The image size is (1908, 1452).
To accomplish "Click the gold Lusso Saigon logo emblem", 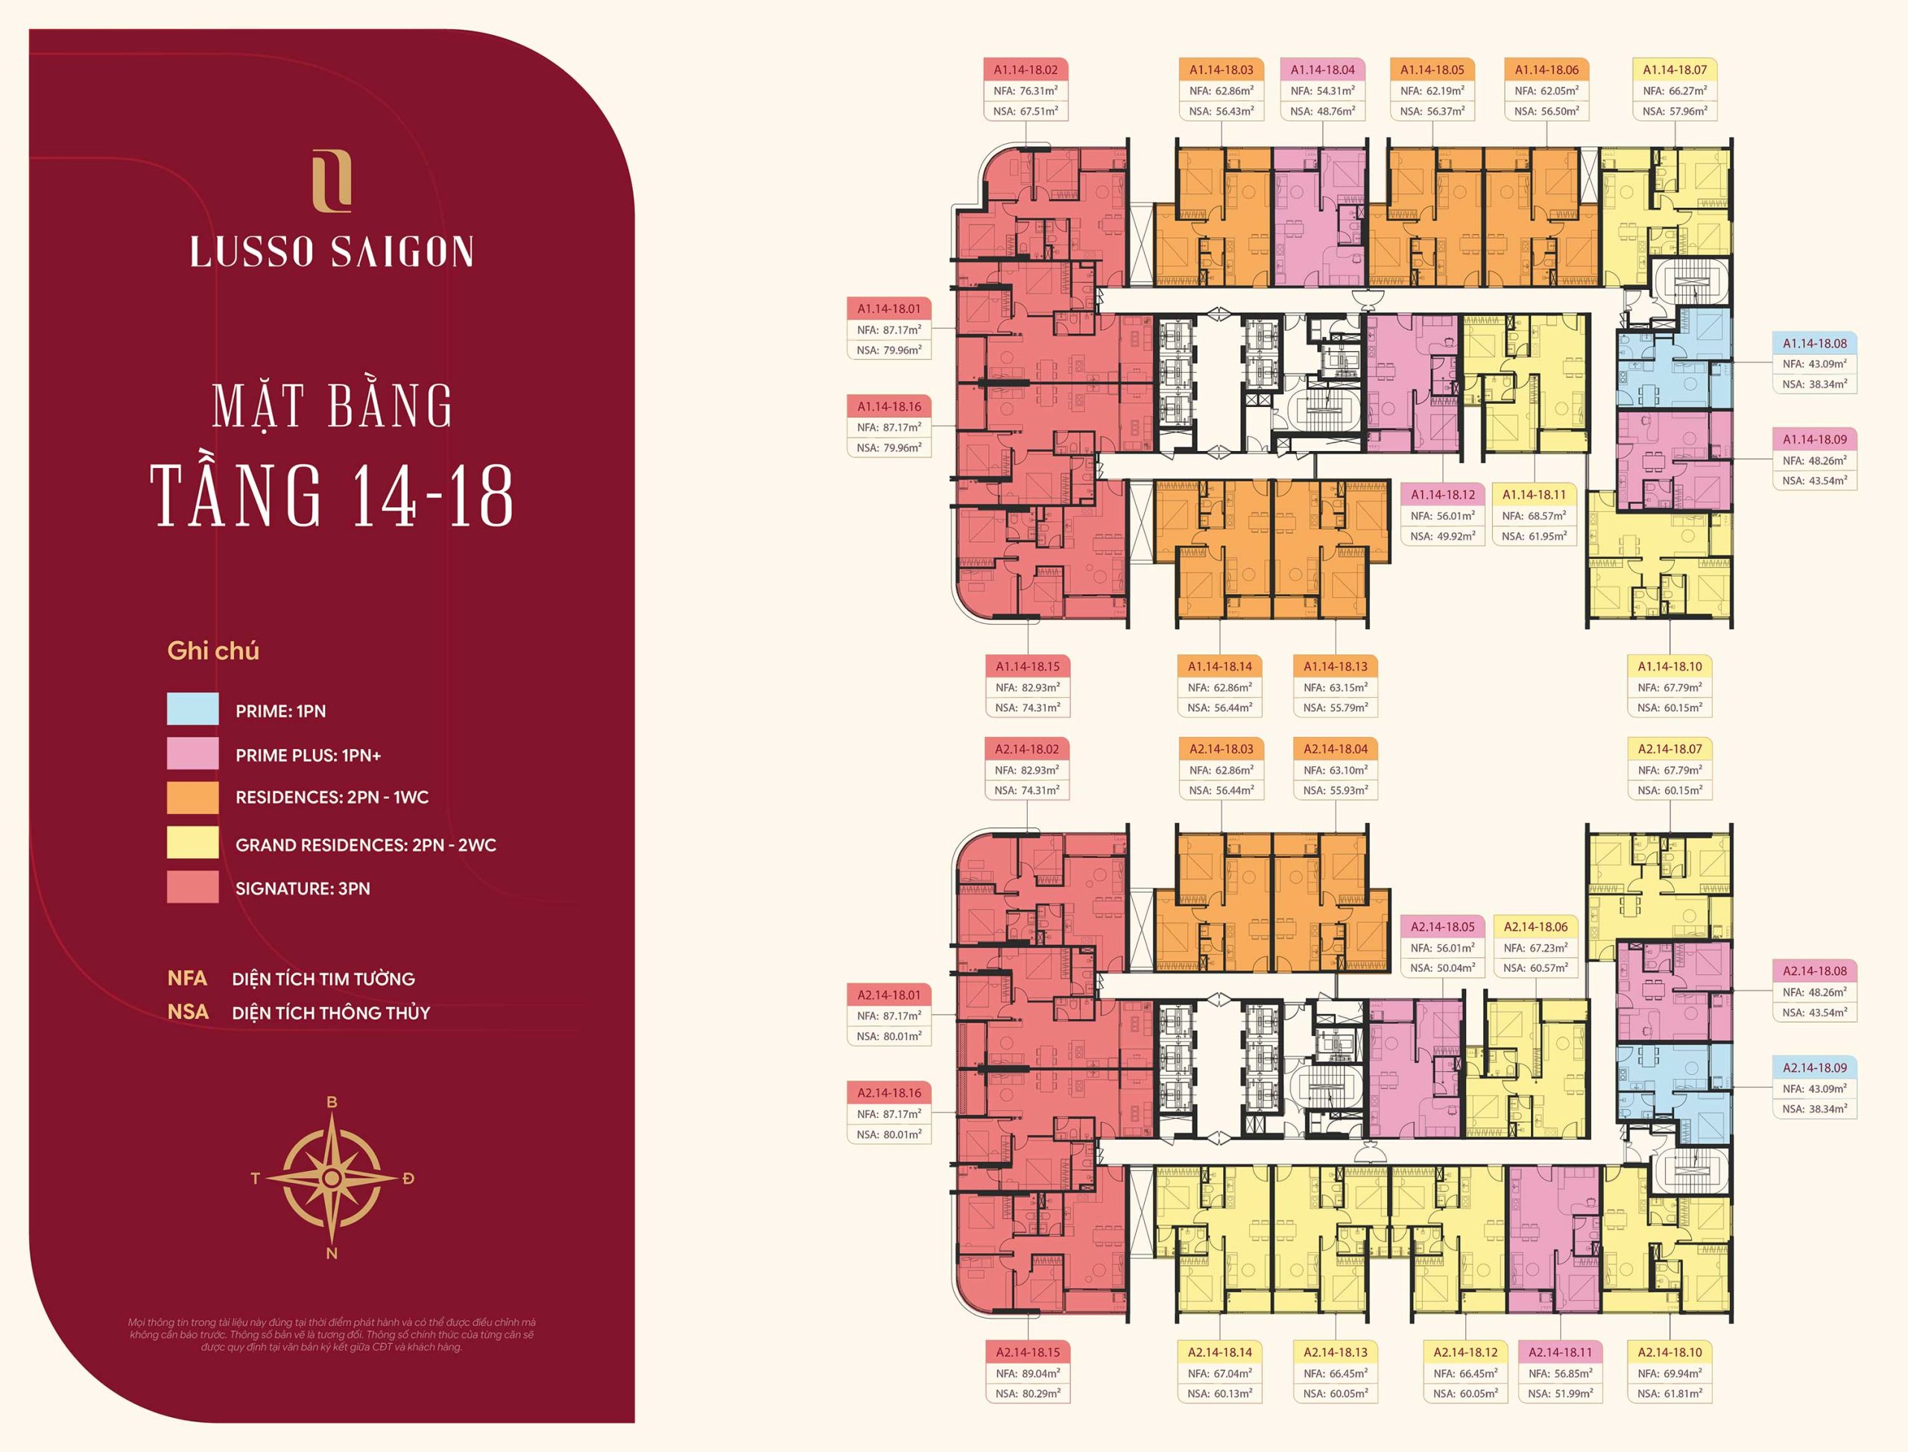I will [332, 180].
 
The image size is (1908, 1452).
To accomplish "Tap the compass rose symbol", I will [332, 1178].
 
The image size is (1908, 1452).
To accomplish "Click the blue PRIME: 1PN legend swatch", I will [193, 710].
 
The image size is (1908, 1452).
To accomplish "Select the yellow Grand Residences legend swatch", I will [193, 843].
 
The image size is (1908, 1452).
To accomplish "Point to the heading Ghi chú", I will [212, 651].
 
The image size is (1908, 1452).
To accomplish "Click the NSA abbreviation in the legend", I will [188, 1012].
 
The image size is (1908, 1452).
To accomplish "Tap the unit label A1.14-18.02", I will [1026, 70].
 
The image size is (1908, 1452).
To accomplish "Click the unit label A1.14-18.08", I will [1815, 343].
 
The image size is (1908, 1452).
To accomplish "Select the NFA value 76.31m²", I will [1037, 91].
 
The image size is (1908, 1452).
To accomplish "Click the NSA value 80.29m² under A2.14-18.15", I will [1037, 1393].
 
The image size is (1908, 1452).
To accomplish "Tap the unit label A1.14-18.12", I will [1443, 495].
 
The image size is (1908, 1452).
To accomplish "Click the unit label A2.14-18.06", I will [1535, 927].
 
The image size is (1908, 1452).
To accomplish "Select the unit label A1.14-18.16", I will [889, 406].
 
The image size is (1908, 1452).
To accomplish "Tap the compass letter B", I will [332, 1102].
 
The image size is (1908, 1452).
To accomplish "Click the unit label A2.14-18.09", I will [1815, 1067].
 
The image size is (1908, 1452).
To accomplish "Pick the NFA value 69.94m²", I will [1681, 1373].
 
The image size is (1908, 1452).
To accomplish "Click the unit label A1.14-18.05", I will [1432, 70].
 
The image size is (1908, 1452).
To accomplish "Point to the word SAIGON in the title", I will [402, 251].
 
